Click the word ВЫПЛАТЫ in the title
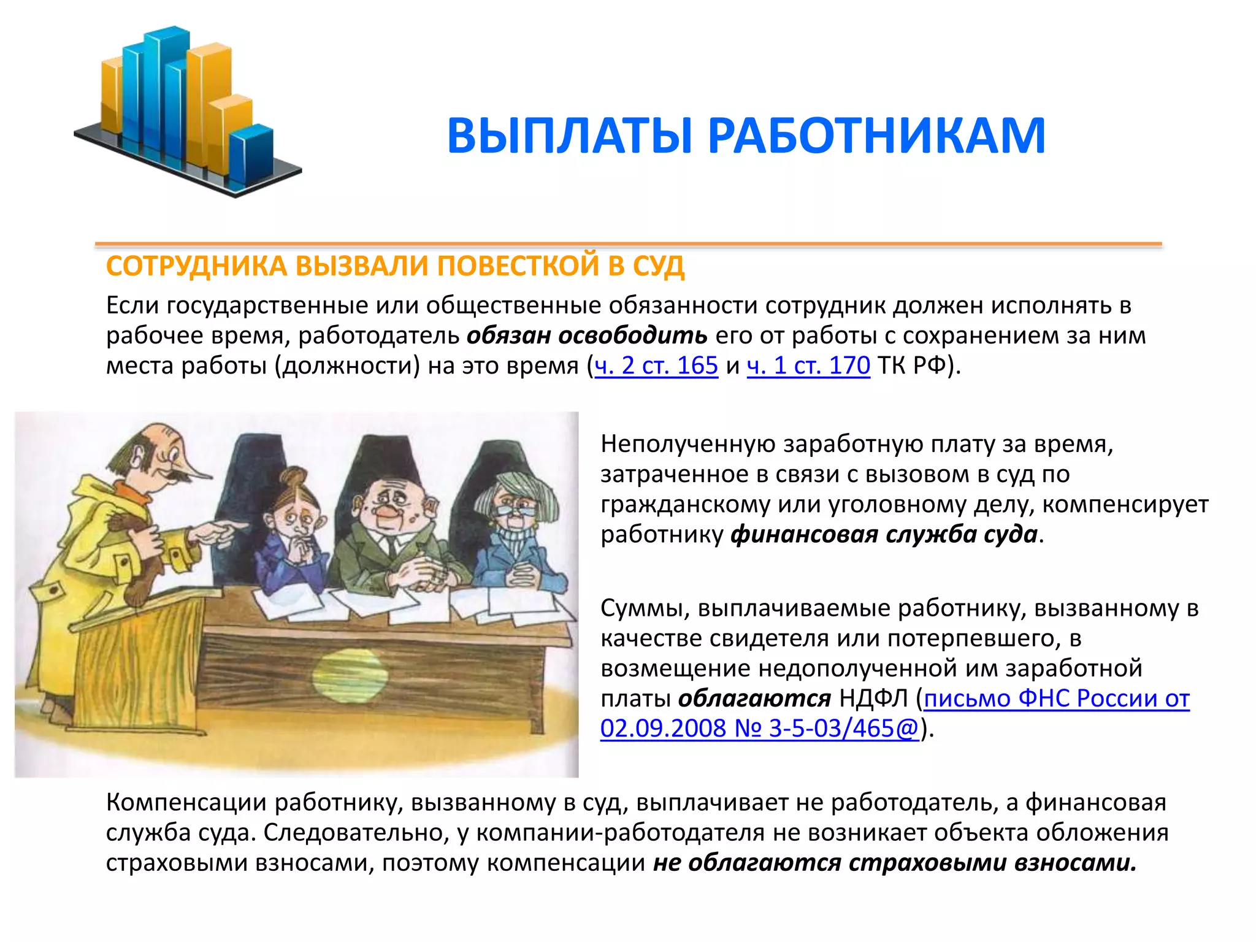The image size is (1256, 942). [570, 136]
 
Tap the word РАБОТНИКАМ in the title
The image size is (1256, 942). [876, 136]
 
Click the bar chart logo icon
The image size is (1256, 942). [184, 110]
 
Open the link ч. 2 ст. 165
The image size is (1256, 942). [656, 366]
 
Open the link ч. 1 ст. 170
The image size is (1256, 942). [808, 366]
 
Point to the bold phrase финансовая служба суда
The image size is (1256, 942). [884, 534]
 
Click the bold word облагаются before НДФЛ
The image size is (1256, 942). [754, 699]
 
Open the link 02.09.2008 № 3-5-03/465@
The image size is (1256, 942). [759, 729]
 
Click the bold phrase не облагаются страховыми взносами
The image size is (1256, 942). [895, 863]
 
